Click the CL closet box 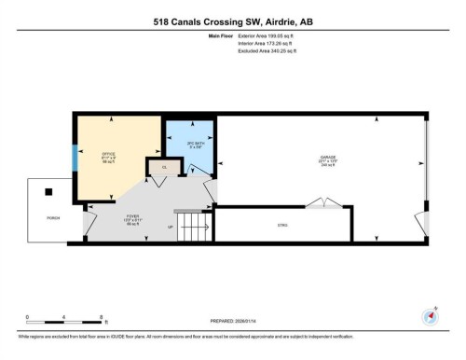tap(164, 167)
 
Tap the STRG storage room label tap(282, 225)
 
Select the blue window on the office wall tap(75, 159)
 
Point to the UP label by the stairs tap(170, 227)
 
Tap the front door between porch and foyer tap(89, 220)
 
